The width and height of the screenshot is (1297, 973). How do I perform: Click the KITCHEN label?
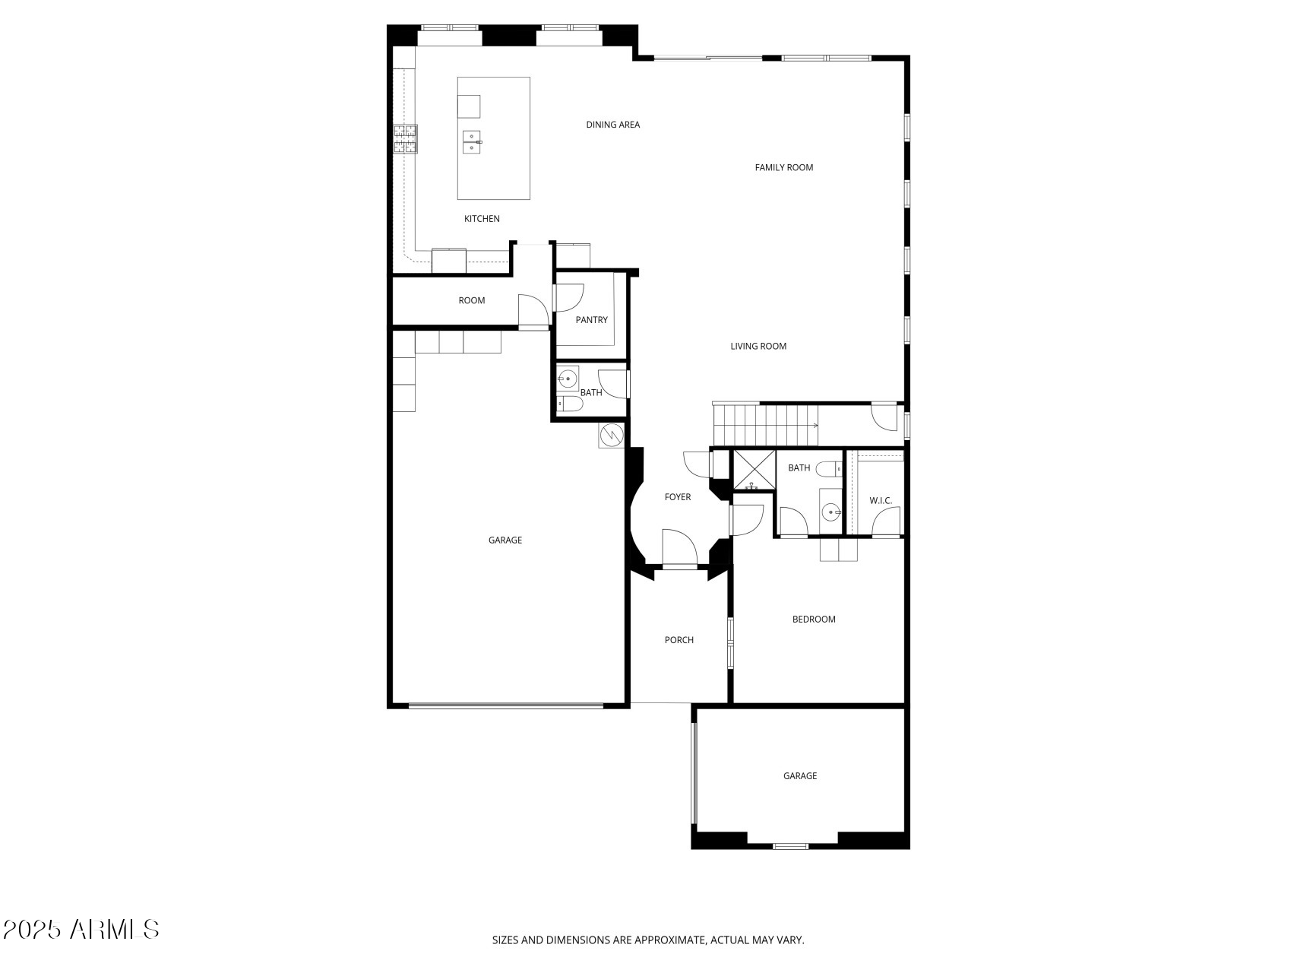482,219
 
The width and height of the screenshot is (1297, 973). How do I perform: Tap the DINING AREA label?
612,125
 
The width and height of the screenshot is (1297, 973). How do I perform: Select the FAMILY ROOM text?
783,167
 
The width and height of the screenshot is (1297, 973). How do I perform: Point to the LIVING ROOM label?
758,346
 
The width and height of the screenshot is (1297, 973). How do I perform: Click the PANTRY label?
591,320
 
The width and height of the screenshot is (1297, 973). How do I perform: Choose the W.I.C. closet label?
881,500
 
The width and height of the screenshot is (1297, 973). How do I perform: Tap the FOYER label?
678,497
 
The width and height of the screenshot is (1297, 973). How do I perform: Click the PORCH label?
679,640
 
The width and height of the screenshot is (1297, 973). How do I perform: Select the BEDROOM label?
813,620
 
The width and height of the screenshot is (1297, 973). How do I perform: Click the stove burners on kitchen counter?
405,139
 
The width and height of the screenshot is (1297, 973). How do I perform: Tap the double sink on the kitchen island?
472,142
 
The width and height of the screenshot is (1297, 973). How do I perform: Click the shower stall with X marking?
753,471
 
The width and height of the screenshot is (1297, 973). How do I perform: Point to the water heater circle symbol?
611,435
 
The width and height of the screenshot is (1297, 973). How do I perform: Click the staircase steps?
764,425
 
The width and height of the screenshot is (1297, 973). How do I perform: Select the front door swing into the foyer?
679,547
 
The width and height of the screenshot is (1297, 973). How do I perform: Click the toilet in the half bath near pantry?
570,404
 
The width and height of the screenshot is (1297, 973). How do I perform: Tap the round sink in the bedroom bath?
831,512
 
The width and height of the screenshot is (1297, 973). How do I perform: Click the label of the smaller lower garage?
799,776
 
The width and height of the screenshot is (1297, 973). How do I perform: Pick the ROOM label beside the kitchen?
471,300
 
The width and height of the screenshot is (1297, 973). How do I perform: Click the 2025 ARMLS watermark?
81,929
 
